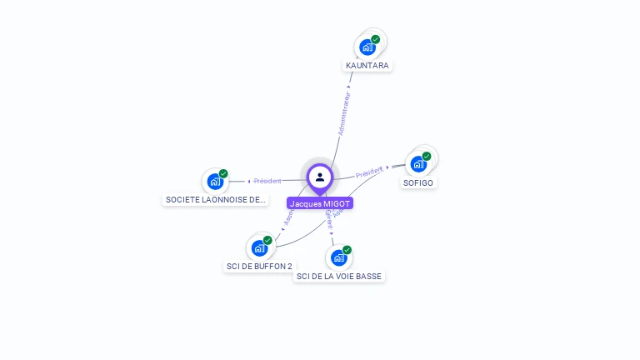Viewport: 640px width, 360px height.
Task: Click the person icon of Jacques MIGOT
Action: click(x=320, y=177)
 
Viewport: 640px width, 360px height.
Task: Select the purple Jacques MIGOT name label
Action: click(x=320, y=203)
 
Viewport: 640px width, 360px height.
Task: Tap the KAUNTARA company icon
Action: click(x=367, y=47)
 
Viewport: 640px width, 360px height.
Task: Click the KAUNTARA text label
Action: click(x=367, y=66)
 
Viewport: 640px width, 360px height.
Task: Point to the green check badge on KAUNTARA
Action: click(x=376, y=39)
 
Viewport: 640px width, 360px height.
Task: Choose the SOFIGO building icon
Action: click(x=418, y=164)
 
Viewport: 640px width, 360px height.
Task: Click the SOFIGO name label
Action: click(x=418, y=182)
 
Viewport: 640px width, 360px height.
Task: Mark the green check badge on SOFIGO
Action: click(x=427, y=156)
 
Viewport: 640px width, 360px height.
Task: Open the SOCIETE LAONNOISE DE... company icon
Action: click(x=215, y=181)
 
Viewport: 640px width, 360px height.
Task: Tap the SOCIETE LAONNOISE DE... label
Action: click(x=216, y=200)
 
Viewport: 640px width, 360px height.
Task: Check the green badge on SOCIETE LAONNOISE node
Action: click(x=223, y=173)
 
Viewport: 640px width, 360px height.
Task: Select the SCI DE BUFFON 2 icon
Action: click(x=259, y=247)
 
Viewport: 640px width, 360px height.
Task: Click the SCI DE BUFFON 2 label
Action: click(x=259, y=267)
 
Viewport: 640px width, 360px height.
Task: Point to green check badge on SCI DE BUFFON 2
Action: click(x=267, y=240)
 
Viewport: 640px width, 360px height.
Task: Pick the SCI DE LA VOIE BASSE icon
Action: click(x=338, y=257)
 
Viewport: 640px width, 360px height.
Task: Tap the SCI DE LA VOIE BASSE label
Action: click(x=339, y=276)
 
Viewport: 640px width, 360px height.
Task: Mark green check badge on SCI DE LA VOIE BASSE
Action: click(x=347, y=250)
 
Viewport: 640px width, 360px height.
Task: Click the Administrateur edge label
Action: click(x=344, y=112)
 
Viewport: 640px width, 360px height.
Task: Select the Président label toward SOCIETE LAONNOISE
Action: click(x=267, y=181)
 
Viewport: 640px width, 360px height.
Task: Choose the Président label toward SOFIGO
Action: click(x=369, y=172)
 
